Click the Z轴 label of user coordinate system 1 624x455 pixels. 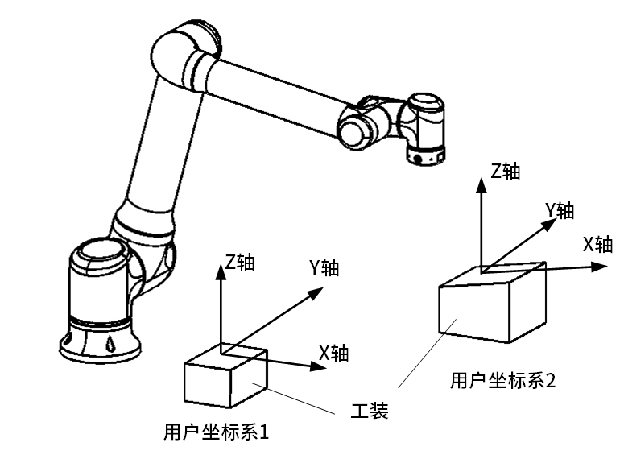(x=240, y=262)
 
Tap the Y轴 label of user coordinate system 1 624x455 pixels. (x=324, y=268)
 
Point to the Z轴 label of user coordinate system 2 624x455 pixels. (x=506, y=171)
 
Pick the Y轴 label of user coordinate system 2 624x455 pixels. (x=560, y=211)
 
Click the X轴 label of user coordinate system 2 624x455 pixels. (x=597, y=245)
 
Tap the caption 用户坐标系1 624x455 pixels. (x=215, y=432)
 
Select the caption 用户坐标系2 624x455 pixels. (x=502, y=380)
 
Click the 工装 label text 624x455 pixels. (x=370, y=412)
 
